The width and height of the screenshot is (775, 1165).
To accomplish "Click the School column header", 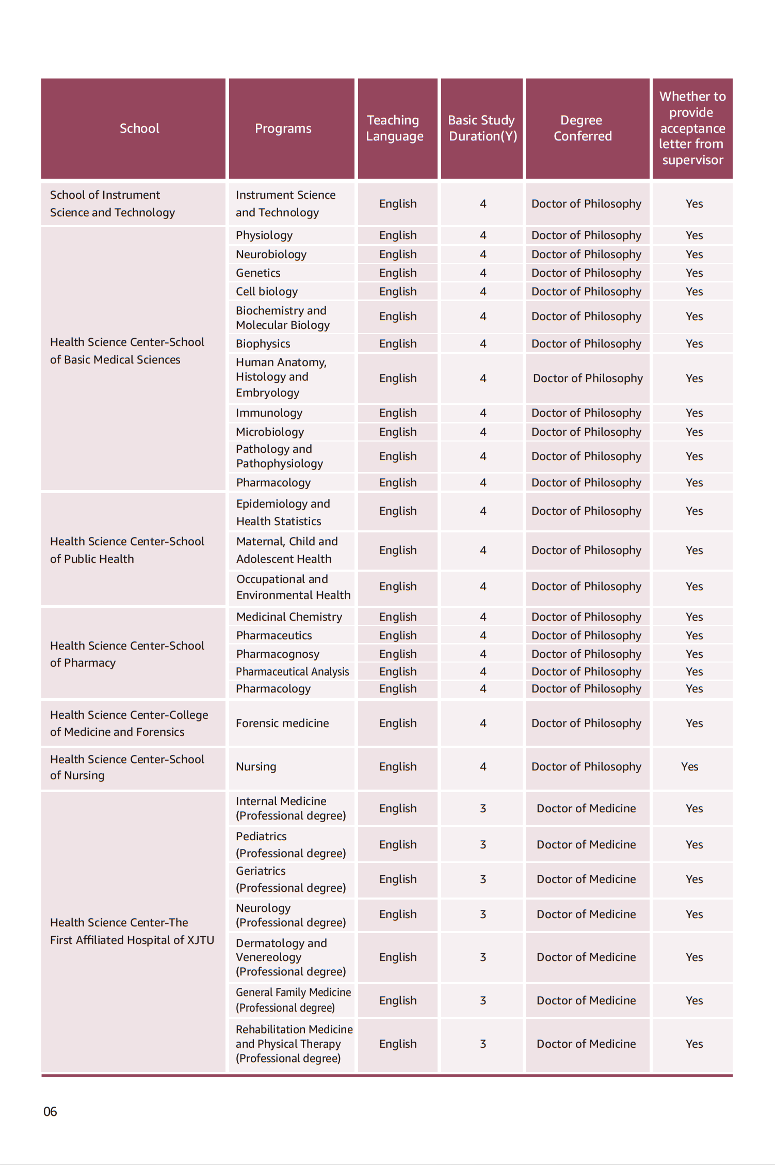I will pyautogui.click(x=139, y=128).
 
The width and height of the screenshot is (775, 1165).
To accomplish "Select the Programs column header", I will pyautogui.click(x=283, y=128).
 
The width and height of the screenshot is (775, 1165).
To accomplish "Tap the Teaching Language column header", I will pyautogui.click(x=395, y=128).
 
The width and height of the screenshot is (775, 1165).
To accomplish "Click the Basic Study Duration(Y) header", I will pyautogui.click(x=482, y=128).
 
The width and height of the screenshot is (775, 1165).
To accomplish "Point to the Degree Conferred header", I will pyautogui.click(x=583, y=128).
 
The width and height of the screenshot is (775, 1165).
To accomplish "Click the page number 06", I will pyautogui.click(x=50, y=1111).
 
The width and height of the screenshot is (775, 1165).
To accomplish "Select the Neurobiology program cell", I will pyautogui.click(x=271, y=254).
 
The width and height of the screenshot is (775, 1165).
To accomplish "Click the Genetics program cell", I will pyautogui.click(x=258, y=273).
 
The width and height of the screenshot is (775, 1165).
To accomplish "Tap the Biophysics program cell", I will pyautogui.click(x=263, y=343).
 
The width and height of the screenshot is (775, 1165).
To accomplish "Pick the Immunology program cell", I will pyautogui.click(x=269, y=413).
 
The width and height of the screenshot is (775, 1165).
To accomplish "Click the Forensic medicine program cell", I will pyautogui.click(x=282, y=723).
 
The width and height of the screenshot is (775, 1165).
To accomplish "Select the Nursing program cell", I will pyautogui.click(x=256, y=766).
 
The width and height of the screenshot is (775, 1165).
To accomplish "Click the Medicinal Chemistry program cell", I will pyautogui.click(x=289, y=617).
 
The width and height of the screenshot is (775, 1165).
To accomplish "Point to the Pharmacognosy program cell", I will pyautogui.click(x=278, y=654).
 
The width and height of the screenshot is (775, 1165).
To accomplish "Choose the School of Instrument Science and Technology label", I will pyautogui.click(x=112, y=203).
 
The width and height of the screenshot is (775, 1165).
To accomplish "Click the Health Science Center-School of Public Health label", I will pyautogui.click(x=127, y=550).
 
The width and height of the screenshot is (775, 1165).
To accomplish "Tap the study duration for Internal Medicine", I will pyautogui.click(x=483, y=808).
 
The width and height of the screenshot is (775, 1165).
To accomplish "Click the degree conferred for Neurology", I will pyautogui.click(x=586, y=914).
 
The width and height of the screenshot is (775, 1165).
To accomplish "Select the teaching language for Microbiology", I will pyautogui.click(x=398, y=432).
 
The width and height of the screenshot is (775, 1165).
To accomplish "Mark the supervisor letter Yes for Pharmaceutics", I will pyautogui.click(x=694, y=635).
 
